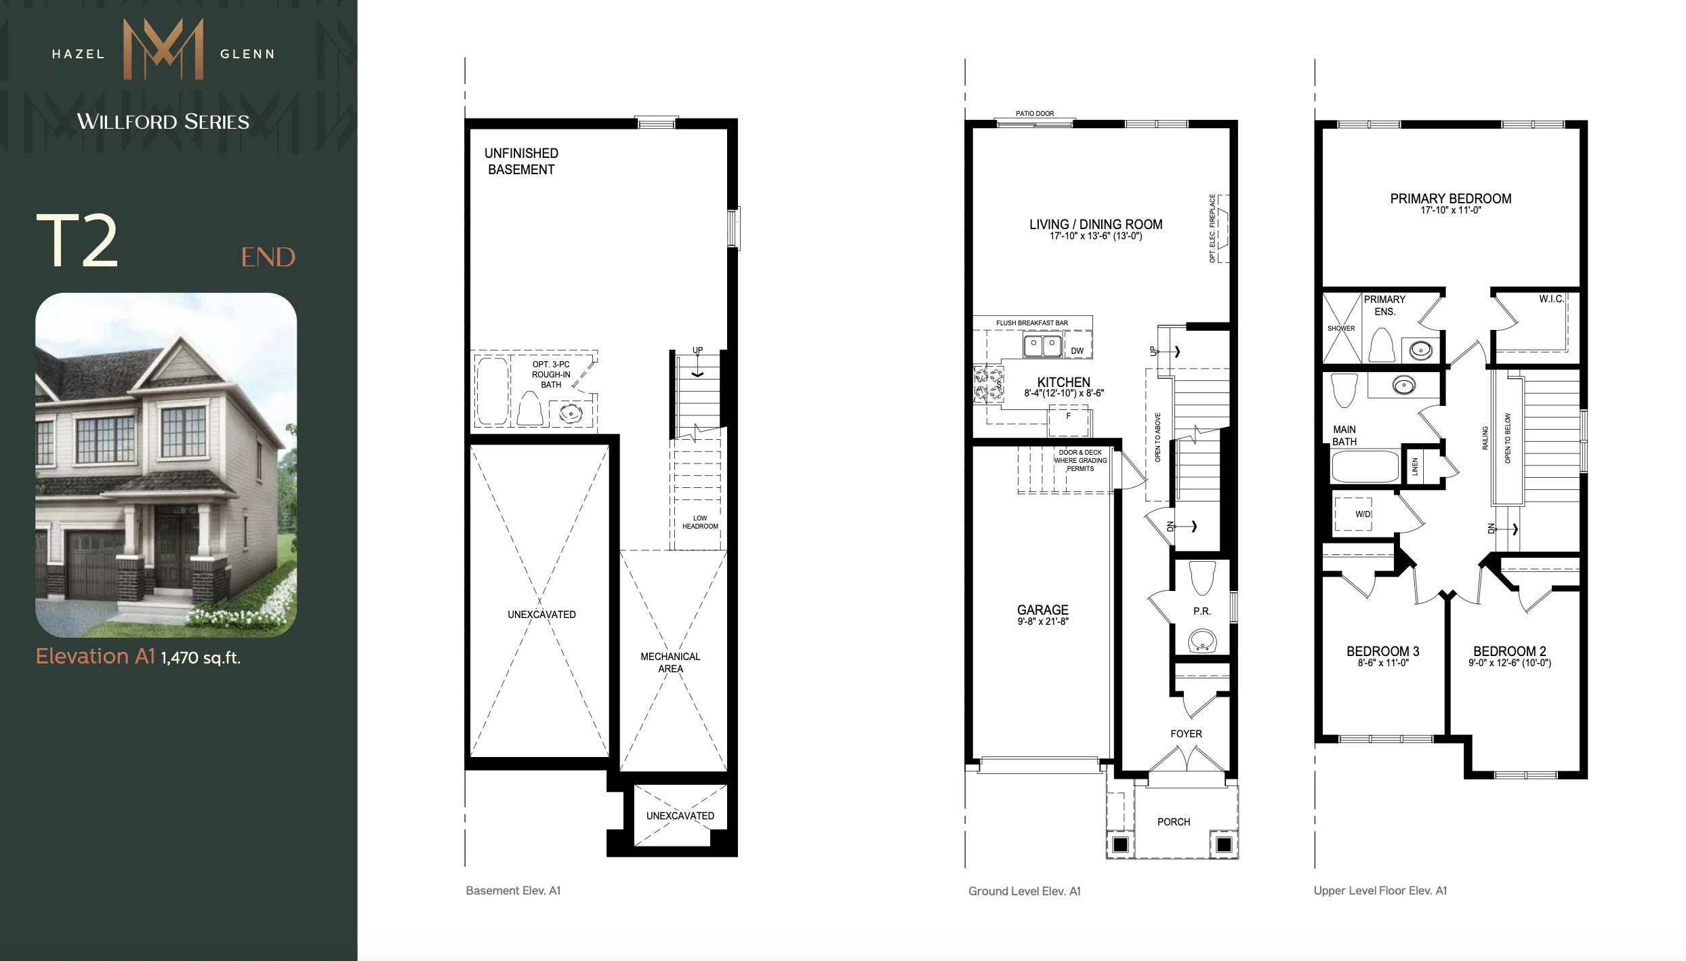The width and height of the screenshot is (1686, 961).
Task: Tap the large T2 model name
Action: click(x=77, y=241)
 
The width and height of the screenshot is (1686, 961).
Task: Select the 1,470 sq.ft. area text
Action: click(x=201, y=657)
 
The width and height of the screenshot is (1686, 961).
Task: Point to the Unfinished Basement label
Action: click(x=521, y=161)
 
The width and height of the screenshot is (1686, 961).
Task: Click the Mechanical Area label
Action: click(x=670, y=662)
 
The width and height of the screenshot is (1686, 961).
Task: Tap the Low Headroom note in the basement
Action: click(x=700, y=522)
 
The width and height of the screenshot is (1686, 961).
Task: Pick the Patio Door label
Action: click(x=1035, y=114)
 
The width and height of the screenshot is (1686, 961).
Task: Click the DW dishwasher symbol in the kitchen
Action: click(x=1077, y=350)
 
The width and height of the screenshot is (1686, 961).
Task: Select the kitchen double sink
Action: click(x=1042, y=345)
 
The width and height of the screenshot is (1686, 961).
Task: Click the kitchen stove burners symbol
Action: click(x=988, y=384)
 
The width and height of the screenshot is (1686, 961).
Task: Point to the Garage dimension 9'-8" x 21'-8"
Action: click(x=1043, y=621)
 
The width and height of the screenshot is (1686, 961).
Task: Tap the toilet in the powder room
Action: click(x=1202, y=577)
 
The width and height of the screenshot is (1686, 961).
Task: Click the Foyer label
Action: click(x=1186, y=734)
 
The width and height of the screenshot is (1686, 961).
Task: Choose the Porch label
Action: click(x=1174, y=822)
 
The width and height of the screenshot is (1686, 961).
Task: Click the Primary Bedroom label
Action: click(x=1451, y=199)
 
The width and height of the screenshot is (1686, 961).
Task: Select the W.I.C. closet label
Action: click(x=1551, y=299)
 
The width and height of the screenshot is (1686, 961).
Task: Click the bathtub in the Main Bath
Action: click(x=1365, y=466)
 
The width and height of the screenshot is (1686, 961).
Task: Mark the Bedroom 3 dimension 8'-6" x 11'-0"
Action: click(x=1383, y=663)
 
